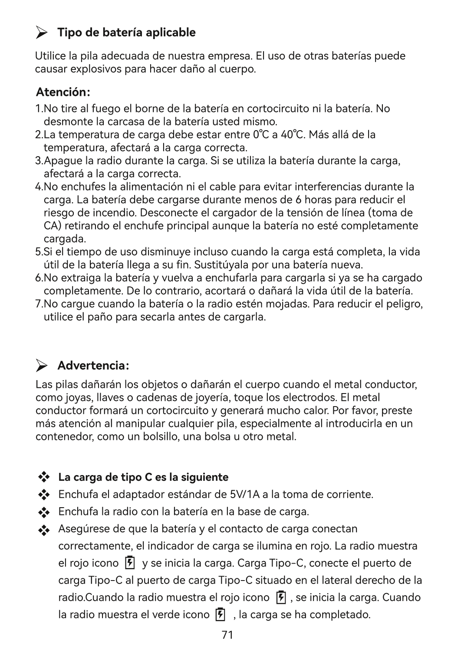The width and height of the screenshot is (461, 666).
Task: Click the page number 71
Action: (x=227, y=635)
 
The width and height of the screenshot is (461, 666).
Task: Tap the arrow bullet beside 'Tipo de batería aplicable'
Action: (x=42, y=33)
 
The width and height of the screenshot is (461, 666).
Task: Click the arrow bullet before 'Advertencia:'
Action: (x=42, y=366)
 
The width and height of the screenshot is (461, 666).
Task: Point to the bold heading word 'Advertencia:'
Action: (x=93, y=366)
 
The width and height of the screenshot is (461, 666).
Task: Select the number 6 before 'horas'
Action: (x=297, y=200)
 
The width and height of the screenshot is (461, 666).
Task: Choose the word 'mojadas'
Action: (x=286, y=304)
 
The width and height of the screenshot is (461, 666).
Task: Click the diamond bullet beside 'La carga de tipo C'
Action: (x=44, y=477)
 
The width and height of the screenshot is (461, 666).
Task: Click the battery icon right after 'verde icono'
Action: (x=221, y=614)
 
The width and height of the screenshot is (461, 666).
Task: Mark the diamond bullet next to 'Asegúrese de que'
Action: (x=44, y=530)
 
